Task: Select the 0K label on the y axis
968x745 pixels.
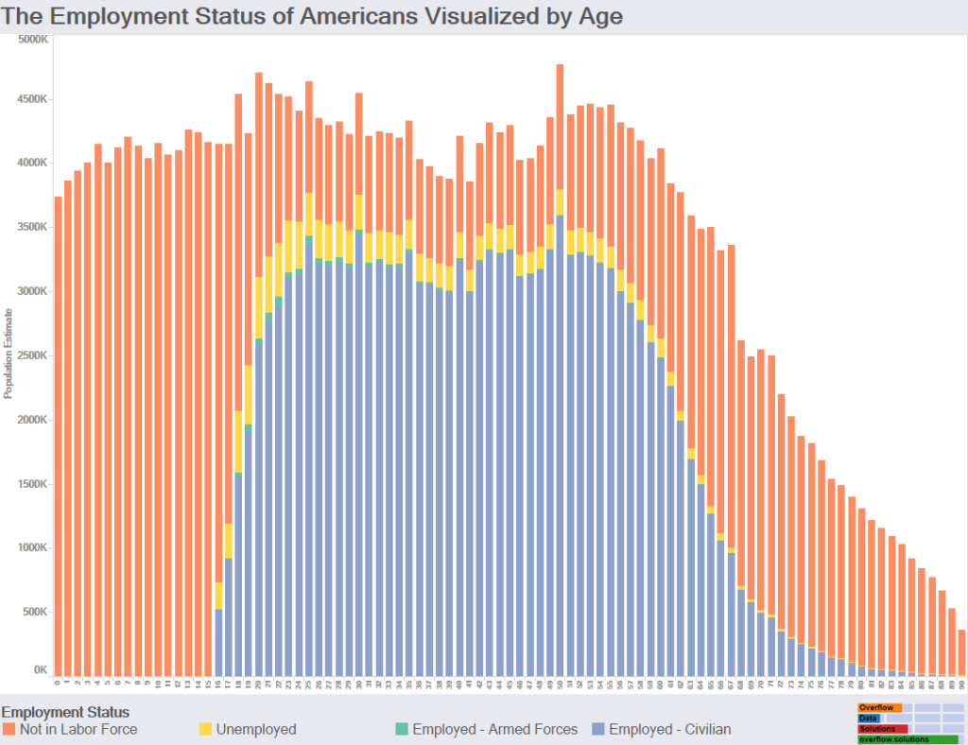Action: click(x=41, y=669)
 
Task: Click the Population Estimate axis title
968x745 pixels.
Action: click(x=9, y=352)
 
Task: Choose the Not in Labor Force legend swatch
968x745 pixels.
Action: click(x=9, y=729)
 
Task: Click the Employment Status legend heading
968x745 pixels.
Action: click(x=65, y=711)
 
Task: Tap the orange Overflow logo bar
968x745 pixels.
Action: click(x=879, y=707)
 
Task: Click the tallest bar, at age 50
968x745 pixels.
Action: click(x=560, y=378)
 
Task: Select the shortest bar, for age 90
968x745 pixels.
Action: click(x=962, y=652)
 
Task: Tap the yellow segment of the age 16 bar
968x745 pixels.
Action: click(x=218, y=596)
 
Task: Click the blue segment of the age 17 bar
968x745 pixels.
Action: click(x=229, y=615)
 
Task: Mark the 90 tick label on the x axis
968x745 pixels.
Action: click(x=962, y=683)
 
